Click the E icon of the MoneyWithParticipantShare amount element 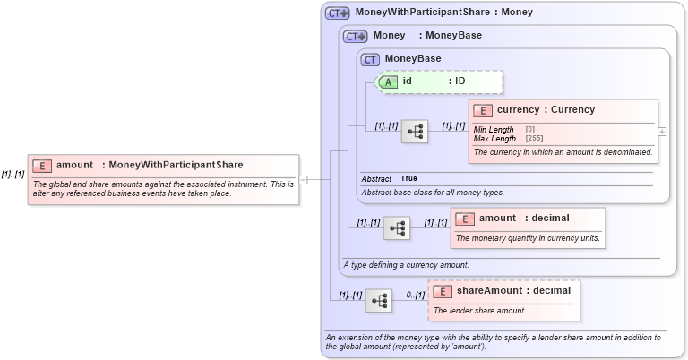pyautogui.click(x=42, y=165)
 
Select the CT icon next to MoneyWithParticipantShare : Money pyautogui.click(x=337, y=13)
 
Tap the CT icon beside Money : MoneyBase pyautogui.click(x=356, y=36)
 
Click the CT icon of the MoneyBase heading pyautogui.click(x=371, y=59)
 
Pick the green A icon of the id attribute pyautogui.click(x=389, y=81)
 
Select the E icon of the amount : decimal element pyautogui.click(x=465, y=219)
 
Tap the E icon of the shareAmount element pyautogui.click(x=443, y=291)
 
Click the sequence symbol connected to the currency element pyautogui.click(x=415, y=132)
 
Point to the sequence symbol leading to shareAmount pyautogui.click(x=379, y=300)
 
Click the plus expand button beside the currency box pyautogui.click(x=662, y=131)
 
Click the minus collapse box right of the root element pyautogui.click(x=304, y=179)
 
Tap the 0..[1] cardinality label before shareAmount pyautogui.click(x=414, y=295)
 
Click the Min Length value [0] pyautogui.click(x=530, y=130)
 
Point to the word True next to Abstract pyautogui.click(x=408, y=178)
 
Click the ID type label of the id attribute pyautogui.click(x=460, y=81)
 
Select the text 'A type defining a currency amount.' pyautogui.click(x=406, y=264)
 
